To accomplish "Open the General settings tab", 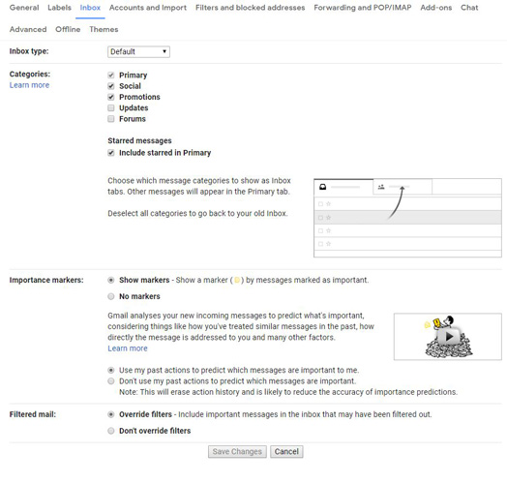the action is [x=24, y=8].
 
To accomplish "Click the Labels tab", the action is [x=59, y=8].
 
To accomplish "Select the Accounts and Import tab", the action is [x=148, y=8].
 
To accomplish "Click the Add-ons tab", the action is [x=435, y=8].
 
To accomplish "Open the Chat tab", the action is [x=469, y=8].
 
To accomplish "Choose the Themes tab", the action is [x=104, y=30].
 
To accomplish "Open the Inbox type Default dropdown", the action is [x=139, y=51].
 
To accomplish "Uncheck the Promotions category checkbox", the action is [x=111, y=97].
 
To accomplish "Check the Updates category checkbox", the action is [x=111, y=108].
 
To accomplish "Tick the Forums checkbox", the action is [x=111, y=119].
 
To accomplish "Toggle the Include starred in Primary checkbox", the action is [x=111, y=153].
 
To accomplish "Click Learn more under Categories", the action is [x=29, y=85].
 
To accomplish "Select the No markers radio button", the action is [x=111, y=296].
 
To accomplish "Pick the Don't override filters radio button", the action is [x=111, y=431].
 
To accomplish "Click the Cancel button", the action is [x=286, y=452].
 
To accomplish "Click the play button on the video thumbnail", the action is [x=447, y=337].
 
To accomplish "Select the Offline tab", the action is [x=68, y=30].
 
